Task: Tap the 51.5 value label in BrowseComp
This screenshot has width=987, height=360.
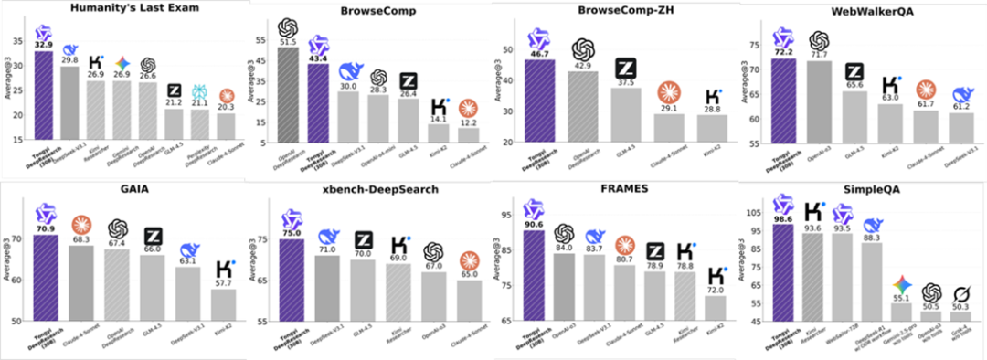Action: coord(290,42)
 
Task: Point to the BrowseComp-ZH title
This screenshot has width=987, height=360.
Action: coord(618,10)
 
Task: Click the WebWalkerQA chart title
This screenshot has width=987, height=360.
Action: coord(864,10)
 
